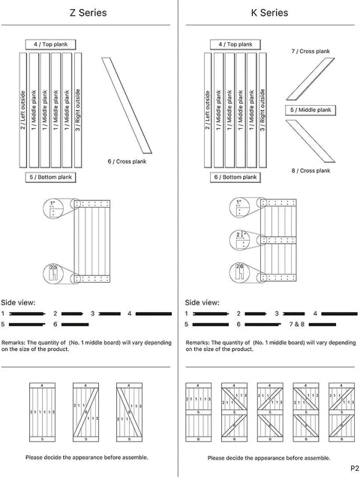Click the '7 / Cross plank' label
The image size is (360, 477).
[310, 51]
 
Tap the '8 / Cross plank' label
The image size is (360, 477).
[310, 171]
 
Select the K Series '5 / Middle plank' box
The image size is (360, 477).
[310, 110]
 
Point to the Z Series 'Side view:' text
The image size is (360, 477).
[18, 302]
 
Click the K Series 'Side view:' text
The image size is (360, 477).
[201, 302]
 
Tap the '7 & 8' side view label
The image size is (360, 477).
[296, 324]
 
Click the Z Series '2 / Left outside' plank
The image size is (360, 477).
[23, 111]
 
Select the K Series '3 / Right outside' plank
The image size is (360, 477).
[262, 111]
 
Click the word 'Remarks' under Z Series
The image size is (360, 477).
[15, 341]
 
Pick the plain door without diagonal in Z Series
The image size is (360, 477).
[42, 411]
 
